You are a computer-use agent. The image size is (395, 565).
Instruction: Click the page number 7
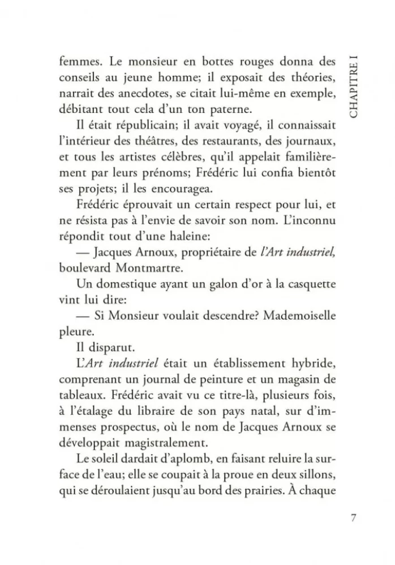(353, 518)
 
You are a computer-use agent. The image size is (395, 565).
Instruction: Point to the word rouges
(237, 60)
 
